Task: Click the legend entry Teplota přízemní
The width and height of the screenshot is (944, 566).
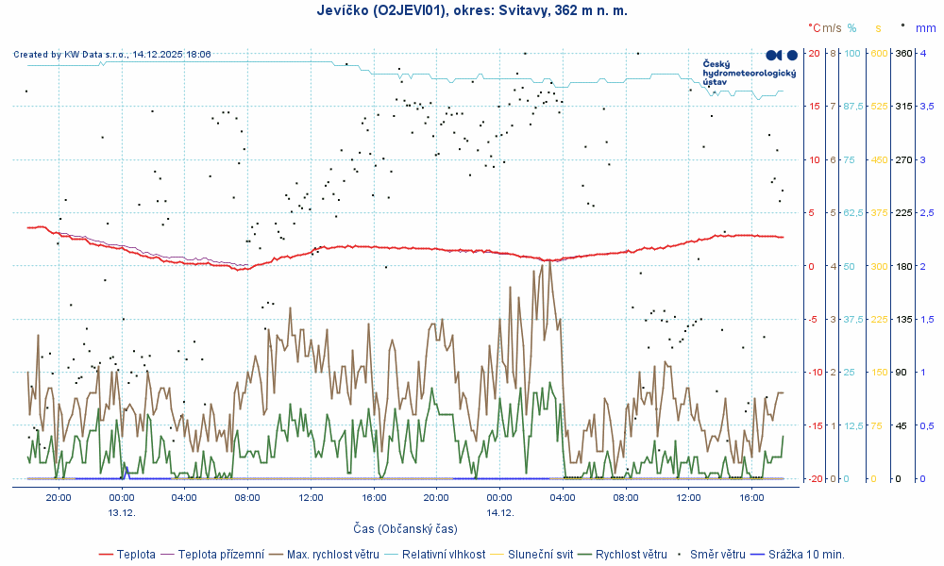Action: click(220, 554)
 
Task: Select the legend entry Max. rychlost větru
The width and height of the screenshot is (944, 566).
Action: click(336, 554)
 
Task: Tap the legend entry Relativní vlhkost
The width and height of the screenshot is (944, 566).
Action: click(444, 554)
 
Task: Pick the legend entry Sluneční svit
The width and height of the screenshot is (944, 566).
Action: click(540, 554)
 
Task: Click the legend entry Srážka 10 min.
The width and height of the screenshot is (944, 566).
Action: click(806, 554)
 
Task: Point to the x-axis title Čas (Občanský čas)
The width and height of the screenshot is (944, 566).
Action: click(405, 528)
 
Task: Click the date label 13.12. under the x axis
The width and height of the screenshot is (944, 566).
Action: click(121, 512)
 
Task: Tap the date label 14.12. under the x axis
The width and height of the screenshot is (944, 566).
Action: click(499, 512)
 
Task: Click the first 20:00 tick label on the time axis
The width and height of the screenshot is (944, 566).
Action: click(58, 497)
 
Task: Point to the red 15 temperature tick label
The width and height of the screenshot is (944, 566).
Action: click(815, 107)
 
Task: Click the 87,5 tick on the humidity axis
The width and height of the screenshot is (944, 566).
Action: click(852, 107)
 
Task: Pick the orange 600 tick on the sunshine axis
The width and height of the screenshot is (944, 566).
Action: click(879, 54)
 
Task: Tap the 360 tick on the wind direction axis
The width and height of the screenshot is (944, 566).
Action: click(902, 54)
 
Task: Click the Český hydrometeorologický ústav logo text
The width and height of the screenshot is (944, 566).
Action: click(736, 73)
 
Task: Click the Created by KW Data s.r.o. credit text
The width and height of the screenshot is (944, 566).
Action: click(112, 55)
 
